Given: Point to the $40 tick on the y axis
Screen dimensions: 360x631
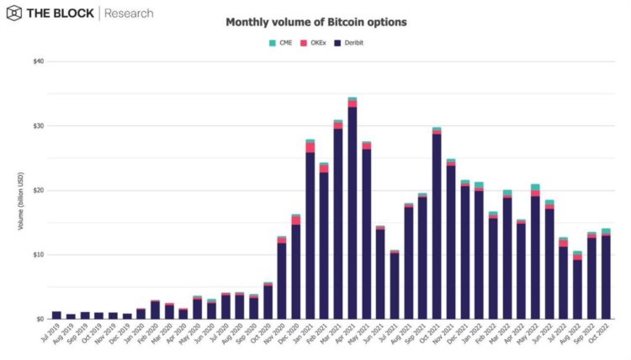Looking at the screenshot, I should tap(39, 61).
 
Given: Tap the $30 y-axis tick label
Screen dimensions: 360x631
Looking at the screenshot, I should tap(39, 126).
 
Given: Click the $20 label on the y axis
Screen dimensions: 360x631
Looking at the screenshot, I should tap(39, 190).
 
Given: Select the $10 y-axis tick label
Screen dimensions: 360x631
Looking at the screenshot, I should tap(39, 255).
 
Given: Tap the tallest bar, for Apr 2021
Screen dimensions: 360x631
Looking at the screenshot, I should tap(352, 210).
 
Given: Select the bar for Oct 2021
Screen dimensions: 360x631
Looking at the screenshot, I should tap(437, 224).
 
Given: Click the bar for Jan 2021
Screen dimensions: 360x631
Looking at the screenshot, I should tap(310, 231).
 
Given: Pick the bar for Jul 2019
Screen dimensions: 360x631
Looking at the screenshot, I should tap(56, 315).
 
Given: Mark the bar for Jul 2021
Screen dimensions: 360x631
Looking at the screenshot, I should tap(395, 286).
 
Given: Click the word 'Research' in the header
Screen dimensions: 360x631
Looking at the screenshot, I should tap(129, 13).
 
